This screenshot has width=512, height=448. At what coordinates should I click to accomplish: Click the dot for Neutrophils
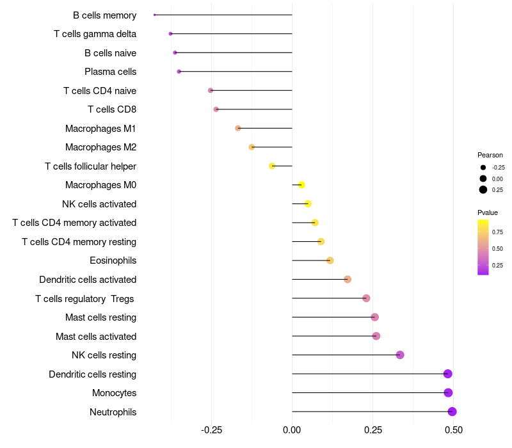point(452,412)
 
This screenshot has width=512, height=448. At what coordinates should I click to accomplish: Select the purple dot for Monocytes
point(448,393)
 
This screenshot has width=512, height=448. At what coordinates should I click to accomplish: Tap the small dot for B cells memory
point(155,15)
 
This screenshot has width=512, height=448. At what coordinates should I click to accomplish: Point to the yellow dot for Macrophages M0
point(301,185)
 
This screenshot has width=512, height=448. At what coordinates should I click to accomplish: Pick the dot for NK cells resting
point(400,355)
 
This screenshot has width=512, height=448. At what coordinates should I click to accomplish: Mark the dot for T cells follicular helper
point(272,166)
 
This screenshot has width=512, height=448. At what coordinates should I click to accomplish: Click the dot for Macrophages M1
point(238,128)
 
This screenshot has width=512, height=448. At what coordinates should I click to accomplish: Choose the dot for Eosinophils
point(330,260)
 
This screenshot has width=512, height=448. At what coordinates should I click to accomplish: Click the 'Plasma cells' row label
point(110,72)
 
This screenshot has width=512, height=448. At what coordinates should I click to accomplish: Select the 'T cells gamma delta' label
point(95,34)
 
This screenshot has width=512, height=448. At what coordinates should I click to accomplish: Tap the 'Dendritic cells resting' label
point(92,374)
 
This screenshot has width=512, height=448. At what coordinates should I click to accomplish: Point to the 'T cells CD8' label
point(111,109)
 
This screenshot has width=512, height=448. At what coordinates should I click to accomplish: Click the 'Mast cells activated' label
point(96,337)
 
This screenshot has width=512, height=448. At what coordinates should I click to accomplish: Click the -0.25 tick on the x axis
point(211,429)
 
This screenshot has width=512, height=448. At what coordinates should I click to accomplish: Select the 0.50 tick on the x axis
point(454,429)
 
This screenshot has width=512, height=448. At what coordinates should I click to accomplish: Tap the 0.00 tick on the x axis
point(292,429)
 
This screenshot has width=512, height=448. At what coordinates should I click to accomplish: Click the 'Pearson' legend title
point(490,155)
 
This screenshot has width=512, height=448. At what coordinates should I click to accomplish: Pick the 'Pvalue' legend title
point(488,212)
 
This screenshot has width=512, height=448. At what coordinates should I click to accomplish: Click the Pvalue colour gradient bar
point(483,247)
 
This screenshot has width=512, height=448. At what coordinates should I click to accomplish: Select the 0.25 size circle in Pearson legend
point(483,189)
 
